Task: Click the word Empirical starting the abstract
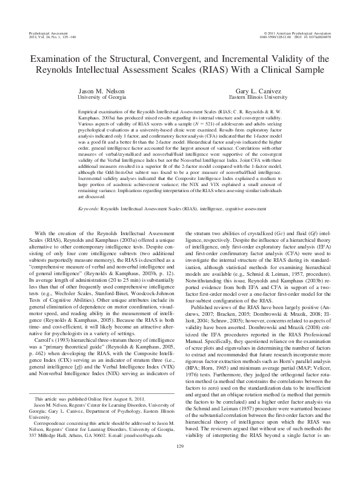tap(90, 113)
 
